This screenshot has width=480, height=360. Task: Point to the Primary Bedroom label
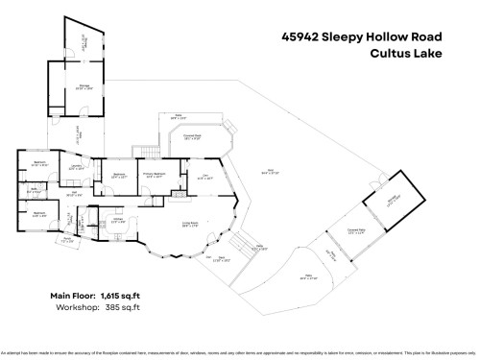[x=154, y=175]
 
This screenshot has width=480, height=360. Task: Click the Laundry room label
[x=75, y=167]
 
